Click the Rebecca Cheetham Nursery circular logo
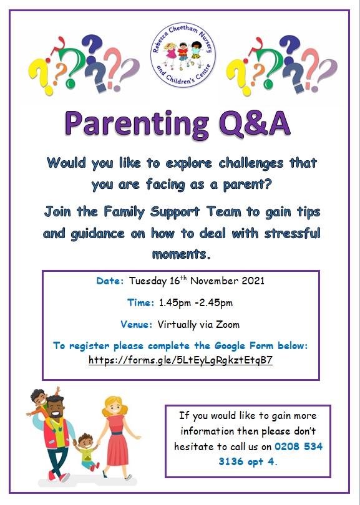point(183,55)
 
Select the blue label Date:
point(110,281)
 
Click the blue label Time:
point(140,303)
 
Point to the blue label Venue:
point(137,324)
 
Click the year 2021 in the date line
point(253,281)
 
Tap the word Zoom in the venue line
point(228,324)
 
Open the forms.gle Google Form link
point(180,360)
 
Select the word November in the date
point(215,281)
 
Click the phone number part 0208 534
point(298,446)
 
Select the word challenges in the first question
point(251,163)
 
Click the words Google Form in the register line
point(244,346)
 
